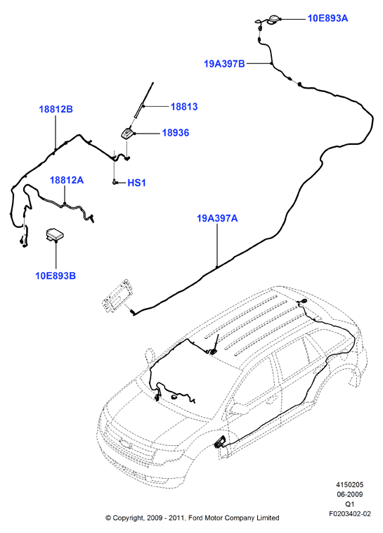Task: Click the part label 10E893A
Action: [327, 18]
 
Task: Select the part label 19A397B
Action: [224, 63]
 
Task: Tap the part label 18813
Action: [184, 107]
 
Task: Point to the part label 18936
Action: [176, 133]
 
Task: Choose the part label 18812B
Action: [56, 110]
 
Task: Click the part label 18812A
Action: [67, 180]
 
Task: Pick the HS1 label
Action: [136, 183]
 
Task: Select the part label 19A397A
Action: [217, 218]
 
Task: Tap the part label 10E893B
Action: [56, 276]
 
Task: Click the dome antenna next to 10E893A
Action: [273, 20]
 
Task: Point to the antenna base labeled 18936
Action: [128, 133]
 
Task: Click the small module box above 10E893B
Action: [55, 235]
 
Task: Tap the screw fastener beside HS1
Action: [114, 182]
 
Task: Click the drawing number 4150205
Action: [350, 484]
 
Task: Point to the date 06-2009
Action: [350, 494]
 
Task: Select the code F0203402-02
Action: [350, 513]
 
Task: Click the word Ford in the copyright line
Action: [196, 518]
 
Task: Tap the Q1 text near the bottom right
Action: [350, 504]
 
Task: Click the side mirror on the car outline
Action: [150, 356]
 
